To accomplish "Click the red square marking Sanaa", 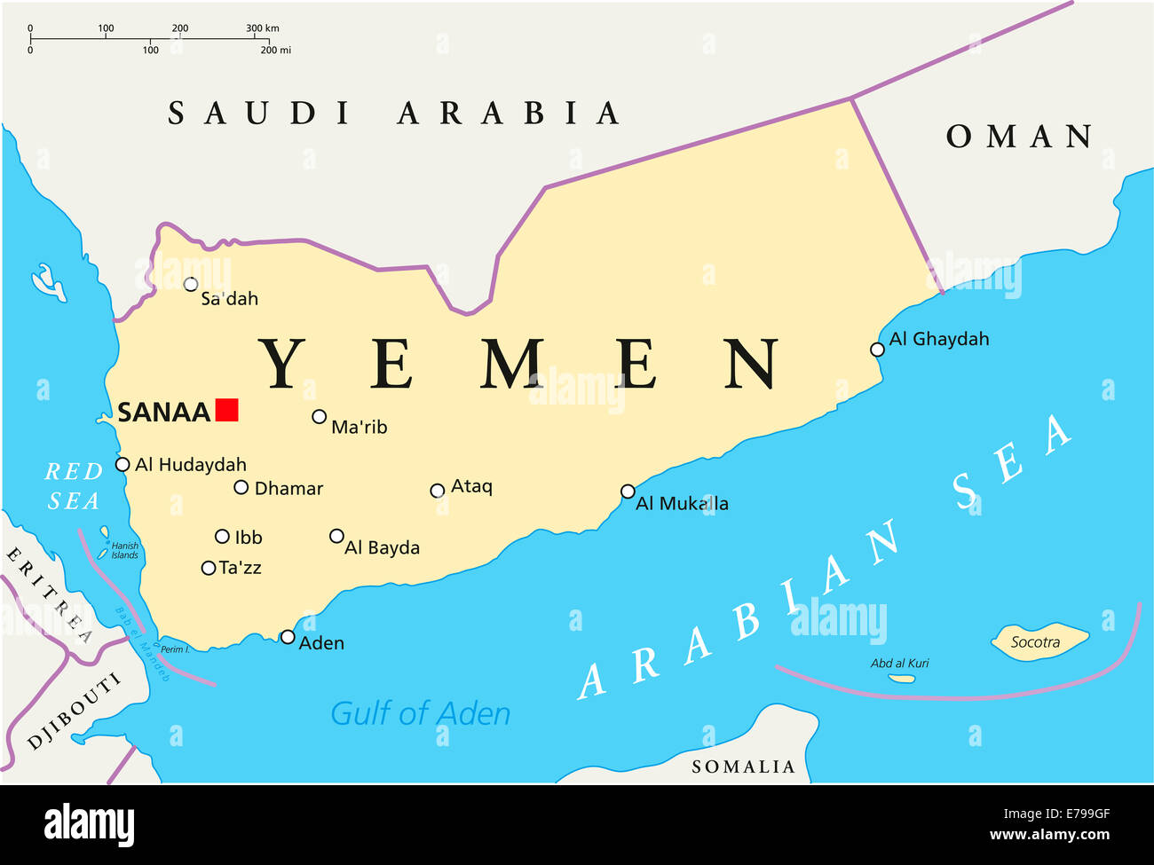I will point(227,410).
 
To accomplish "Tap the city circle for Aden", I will point(288,637).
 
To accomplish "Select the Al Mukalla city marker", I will point(628,491).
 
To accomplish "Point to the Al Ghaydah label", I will point(938,339).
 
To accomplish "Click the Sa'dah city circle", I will point(191,284).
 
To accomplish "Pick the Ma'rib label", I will point(359,428).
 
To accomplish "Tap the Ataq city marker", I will point(437,491).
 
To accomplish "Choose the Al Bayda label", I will point(382,548).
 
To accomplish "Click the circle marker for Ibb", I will point(222,536).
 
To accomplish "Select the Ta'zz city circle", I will point(209,568).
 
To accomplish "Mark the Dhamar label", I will point(288,489).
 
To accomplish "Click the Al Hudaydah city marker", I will point(123,464).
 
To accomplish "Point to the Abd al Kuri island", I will point(902,679).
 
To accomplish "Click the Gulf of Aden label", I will point(420,713).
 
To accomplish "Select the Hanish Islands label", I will point(124,551).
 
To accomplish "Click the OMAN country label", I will point(1019,137).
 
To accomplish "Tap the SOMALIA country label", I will point(743,767).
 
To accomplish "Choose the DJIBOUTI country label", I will point(75,712).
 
